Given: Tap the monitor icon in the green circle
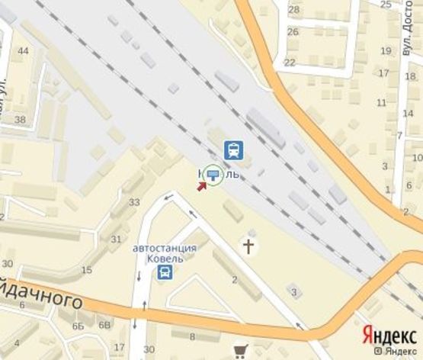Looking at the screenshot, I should (x=213, y=175).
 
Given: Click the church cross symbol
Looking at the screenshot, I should (x=248, y=246).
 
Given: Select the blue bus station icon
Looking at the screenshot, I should (x=165, y=272).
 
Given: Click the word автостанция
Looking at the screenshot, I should (x=165, y=248).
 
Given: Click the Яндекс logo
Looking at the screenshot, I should (x=389, y=335).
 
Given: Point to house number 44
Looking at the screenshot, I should (x=24, y=51).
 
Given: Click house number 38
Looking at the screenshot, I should (x=20, y=120).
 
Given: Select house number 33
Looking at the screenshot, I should (x=134, y=202).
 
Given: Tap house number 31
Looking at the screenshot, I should (x=117, y=239).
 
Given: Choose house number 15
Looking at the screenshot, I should (x=87, y=270).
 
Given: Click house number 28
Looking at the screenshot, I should (x=293, y=9).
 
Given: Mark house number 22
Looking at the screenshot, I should (x=289, y=62).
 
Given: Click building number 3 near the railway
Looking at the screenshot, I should (x=294, y=291).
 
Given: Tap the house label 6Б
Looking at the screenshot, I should (x=78, y=326).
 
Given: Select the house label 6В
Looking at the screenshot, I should (x=105, y=326).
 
